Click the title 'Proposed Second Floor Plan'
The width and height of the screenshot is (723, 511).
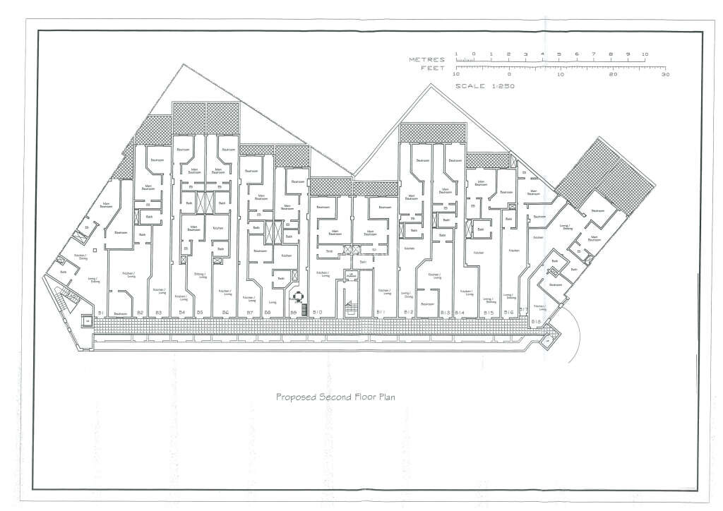335,397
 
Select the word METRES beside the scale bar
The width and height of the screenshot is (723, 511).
426,60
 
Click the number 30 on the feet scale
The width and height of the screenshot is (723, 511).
664,74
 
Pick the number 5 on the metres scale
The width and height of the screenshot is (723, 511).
558,54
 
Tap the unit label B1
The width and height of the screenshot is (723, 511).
101,312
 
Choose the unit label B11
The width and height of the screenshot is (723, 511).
380,312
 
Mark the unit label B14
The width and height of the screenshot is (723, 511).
460,312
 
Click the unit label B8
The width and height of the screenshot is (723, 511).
268,312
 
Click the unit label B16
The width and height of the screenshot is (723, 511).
508,312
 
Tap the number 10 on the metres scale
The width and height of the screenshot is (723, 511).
645,54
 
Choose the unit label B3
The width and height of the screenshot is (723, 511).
159,312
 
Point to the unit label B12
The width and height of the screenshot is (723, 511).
408,312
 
